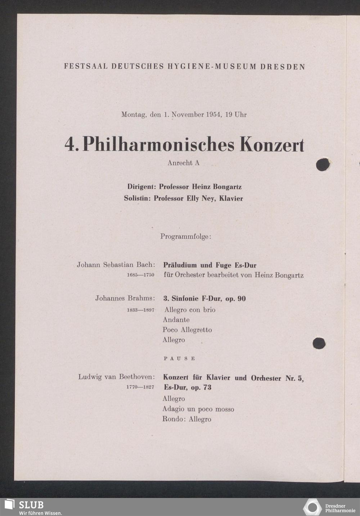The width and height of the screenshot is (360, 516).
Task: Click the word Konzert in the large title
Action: pos(272,145)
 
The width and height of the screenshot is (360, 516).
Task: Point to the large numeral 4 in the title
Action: pos(70,145)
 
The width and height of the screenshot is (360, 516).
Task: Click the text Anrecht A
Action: pos(183,163)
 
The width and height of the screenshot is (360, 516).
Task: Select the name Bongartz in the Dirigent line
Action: pos(227,187)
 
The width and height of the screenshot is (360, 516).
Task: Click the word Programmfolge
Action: pos(185,237)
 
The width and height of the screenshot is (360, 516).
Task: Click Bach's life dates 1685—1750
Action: pos(140,275)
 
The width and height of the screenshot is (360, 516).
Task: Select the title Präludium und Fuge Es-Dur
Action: pos(210,265)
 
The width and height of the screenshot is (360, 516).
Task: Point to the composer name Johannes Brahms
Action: pos(125,298)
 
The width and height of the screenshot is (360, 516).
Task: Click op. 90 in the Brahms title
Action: pos(235,299)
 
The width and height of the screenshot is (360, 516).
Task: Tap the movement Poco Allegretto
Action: pos(187,330)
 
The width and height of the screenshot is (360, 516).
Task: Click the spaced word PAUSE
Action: pos(179,359)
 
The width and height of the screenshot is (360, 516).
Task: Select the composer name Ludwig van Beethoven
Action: pos(116,377)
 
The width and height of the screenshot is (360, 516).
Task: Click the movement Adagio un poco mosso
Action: pos(198,409)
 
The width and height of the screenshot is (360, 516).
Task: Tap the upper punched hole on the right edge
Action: pos(323,164)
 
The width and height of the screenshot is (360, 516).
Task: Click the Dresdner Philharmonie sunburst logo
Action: pos(312,507)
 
